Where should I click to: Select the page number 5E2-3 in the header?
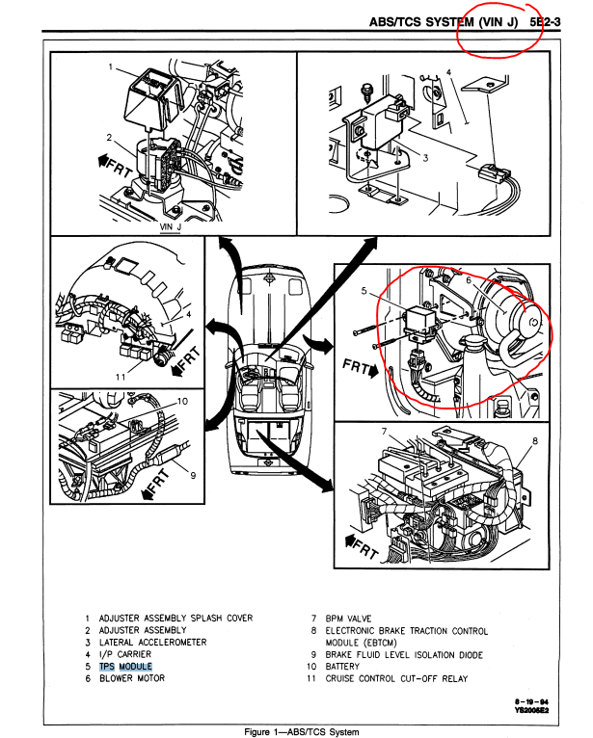click(546, 19)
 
